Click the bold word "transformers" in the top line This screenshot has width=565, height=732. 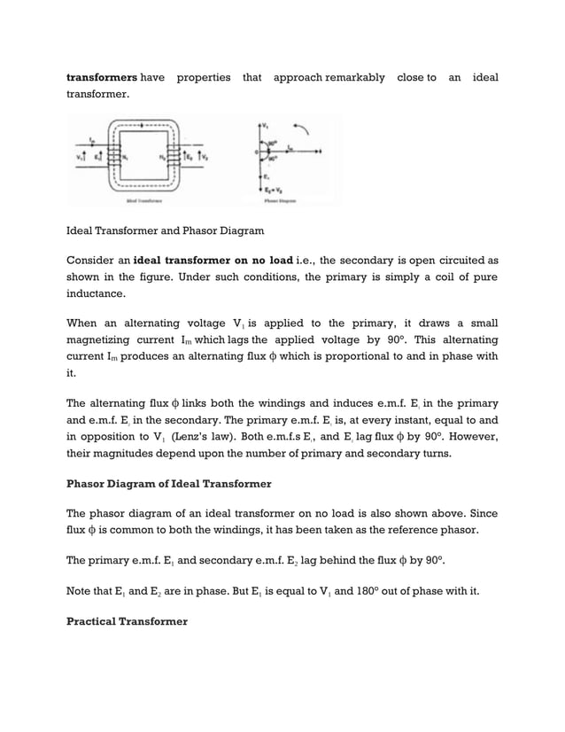coord(101,77)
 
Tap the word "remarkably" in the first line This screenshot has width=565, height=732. coord(355,77)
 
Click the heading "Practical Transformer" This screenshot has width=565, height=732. coord(128,621)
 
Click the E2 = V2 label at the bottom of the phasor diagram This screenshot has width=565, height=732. coord(268,189)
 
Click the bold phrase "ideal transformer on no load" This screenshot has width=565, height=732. coord(213,261)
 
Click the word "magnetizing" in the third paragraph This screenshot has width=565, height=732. coord(100,340)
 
